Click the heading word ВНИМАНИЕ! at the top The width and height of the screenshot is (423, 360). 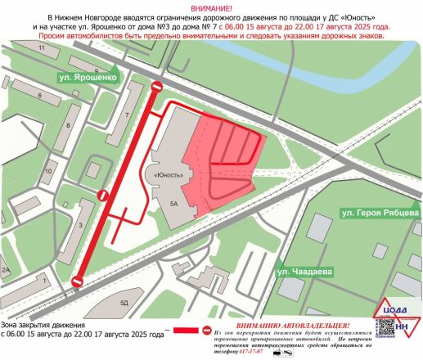click(211, 7)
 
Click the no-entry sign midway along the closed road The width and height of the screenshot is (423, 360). click(103, 195)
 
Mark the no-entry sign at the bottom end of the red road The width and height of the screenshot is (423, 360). click(77, 283)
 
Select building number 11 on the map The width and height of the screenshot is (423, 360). click(42, 51)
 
